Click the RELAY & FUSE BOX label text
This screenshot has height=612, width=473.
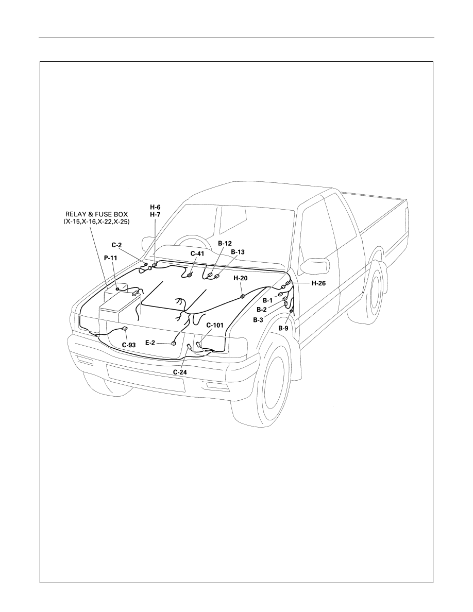97,214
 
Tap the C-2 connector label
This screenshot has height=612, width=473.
116,245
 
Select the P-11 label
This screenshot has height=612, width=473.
110,258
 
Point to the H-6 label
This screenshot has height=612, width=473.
155,207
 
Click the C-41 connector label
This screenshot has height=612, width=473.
197,253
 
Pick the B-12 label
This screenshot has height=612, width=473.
225,243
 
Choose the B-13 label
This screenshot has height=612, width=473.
238,252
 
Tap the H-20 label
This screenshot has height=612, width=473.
241,278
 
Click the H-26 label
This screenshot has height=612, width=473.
318,283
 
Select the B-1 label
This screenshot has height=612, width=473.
267,300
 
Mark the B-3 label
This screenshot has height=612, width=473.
258,320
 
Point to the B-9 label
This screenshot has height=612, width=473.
283,328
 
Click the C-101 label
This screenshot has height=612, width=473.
215,325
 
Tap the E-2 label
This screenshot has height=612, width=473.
150,343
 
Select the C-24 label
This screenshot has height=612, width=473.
180,372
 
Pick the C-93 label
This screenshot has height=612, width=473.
129,345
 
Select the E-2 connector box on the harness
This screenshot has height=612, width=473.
173,343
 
